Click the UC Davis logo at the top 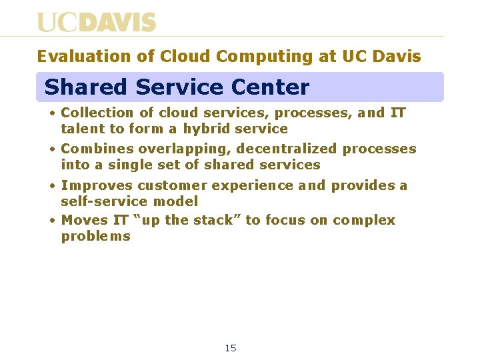(96, 22)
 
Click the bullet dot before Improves (52, 185)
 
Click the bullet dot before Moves (52, 220)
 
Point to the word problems (96, 237)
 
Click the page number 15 (231, 348)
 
